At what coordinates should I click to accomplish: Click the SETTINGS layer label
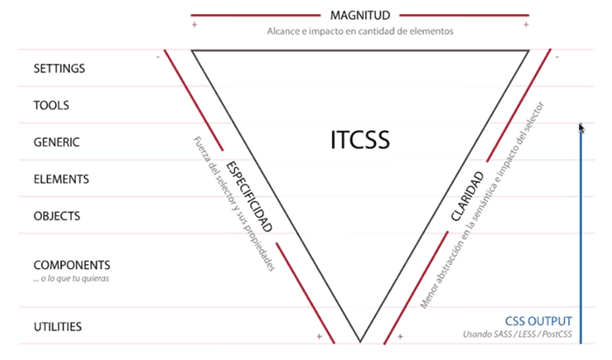point(59,67)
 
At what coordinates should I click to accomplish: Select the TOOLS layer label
point(52,105)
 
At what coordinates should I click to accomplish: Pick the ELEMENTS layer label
point(61,179)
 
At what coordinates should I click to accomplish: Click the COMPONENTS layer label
point(72,265)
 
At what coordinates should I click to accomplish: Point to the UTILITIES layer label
point(58,327)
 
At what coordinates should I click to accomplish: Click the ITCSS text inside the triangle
point(360,140)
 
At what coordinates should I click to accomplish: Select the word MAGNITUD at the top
point(360,15)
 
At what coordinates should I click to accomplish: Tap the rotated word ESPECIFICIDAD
point(249,197)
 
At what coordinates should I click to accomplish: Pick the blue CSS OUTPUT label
point(539,320)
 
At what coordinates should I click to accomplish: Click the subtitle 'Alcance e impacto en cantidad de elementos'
point(360,31)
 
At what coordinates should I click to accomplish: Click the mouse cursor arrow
point(581,128)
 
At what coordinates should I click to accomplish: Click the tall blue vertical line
point(580,236)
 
